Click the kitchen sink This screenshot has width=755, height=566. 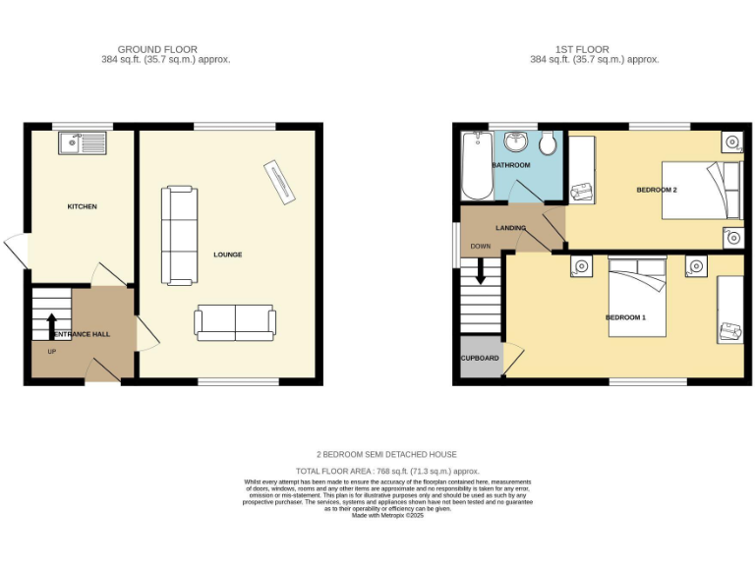82,143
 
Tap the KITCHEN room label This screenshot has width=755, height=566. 82,206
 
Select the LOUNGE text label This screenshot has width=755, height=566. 227,255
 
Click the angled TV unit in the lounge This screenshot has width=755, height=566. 279,182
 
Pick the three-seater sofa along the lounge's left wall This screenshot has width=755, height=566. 179,233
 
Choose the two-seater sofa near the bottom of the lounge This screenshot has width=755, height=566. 235,322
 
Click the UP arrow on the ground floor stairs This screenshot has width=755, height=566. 51,324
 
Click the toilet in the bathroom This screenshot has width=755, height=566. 550,145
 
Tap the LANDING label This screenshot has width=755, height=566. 510,228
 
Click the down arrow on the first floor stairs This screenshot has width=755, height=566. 481,271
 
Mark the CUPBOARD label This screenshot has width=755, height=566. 480,358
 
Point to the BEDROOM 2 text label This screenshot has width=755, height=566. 657,190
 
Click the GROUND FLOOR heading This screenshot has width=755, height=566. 157,49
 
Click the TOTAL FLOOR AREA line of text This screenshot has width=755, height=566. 385,472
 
